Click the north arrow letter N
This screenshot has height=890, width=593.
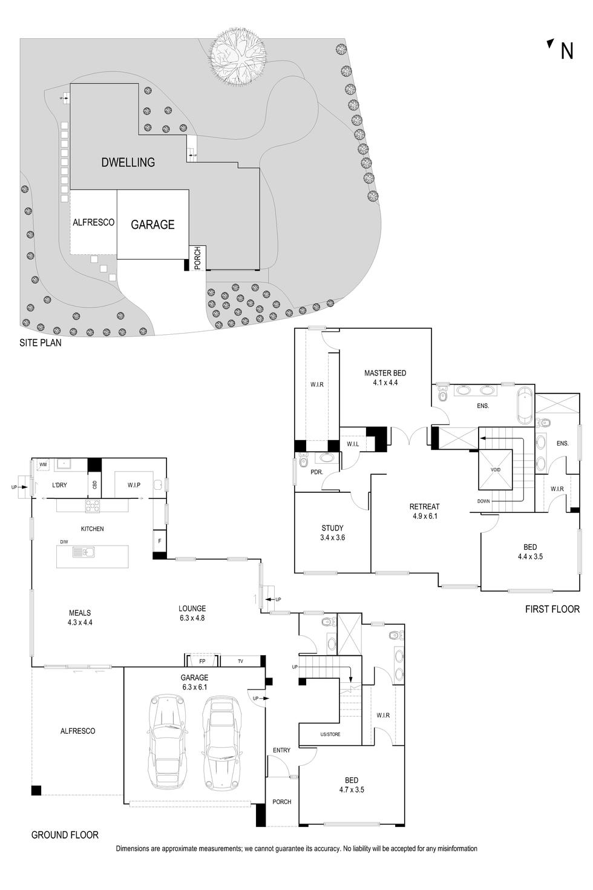(566, 51)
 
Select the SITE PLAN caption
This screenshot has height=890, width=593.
(41, 343)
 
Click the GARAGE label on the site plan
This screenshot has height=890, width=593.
(152, 225)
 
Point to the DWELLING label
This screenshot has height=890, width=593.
(128, 162)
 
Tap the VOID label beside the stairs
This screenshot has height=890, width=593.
(495, 470)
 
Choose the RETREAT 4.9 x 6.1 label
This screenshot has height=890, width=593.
(424, 512)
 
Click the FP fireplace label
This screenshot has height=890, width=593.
(202, 661)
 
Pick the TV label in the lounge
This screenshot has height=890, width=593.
(240, 661)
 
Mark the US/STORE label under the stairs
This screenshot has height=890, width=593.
(330, 734)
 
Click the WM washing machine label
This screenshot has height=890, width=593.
(43, 464)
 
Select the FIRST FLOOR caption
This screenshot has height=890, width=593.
(552, 609)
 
